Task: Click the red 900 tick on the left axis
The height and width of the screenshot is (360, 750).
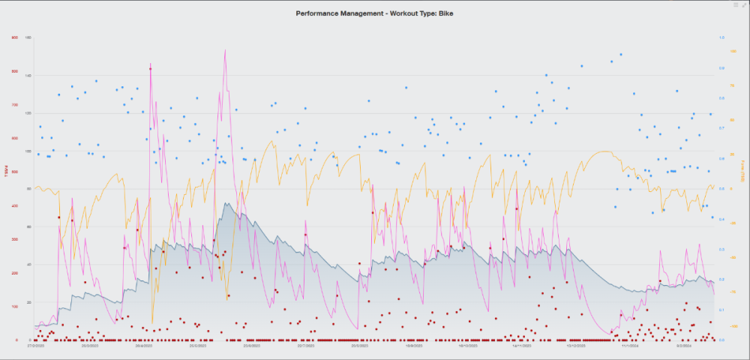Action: click(14, 37)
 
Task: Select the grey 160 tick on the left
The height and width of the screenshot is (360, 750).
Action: click(28, 37)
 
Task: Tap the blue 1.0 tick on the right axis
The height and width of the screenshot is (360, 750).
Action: click(721, 37)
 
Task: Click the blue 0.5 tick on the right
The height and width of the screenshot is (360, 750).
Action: click(721, 189)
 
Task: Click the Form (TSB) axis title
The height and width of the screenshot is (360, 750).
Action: click(741, 178)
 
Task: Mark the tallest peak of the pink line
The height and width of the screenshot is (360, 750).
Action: click(225, 50)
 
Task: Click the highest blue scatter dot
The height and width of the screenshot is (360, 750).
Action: click(620, 54)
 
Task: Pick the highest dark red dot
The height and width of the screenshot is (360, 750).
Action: click(151, 69)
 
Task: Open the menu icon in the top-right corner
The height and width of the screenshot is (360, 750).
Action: click(735, 4)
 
